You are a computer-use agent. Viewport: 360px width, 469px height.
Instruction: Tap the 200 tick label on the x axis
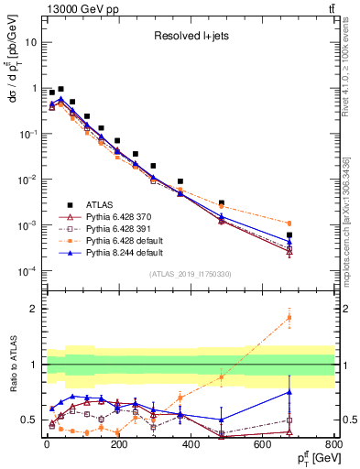tap(119, 448)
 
